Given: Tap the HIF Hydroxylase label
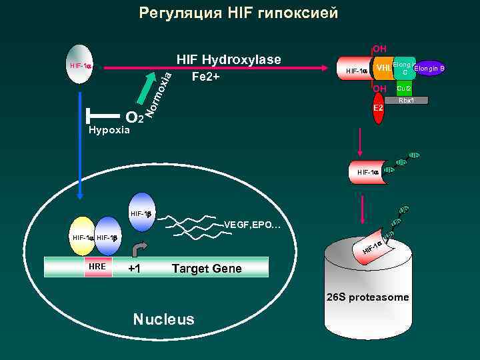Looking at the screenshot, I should pos(229,60).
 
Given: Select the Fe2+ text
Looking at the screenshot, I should pos(205,77).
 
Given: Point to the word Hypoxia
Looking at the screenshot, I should pos(109,129).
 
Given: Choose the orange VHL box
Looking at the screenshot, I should pos(383,68).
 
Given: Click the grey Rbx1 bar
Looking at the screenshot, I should pos(407,101).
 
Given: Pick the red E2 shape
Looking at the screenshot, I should pos(377,108).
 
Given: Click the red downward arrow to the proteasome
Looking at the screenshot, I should pos(363,210).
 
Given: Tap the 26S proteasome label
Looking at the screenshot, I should pos(368,297).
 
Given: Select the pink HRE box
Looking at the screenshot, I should pos(97,267).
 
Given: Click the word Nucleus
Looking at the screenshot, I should pos(163,319).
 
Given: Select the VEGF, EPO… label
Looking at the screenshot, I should pos(253,225).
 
